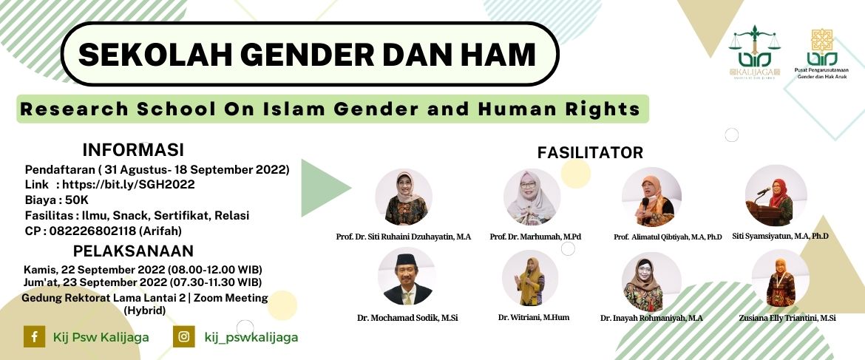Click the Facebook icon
(x=34, y=336)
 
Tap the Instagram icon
(x=183, y=336)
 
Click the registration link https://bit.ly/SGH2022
(x=129, y=185)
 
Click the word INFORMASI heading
(x=133, y=150)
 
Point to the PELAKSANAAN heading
(x=134, y=251)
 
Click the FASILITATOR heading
(x=590, y=152)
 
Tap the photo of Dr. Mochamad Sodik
(x=407, y=276)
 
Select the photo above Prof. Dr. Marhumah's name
(x=532, y=197)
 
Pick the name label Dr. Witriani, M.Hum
(x=534, y=317)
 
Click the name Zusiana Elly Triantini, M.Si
(x=780, y=318)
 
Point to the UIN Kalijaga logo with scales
(x=754, y=53)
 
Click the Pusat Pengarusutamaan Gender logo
(x=822, y=54)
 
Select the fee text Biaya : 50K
(x=57, y=200)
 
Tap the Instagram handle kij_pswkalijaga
(x=251, y=337)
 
